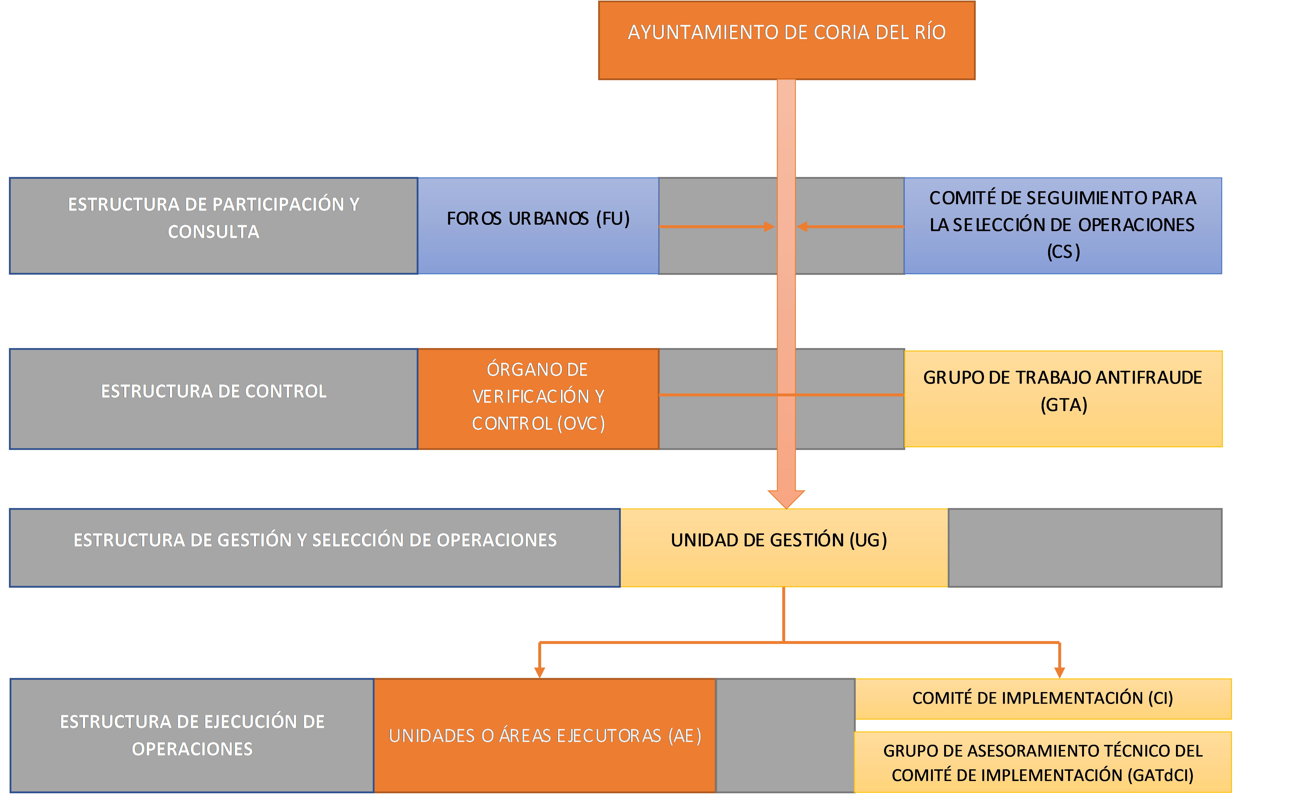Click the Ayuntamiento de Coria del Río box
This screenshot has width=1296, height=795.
[786, 41]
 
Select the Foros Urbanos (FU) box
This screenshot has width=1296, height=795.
[538, 226]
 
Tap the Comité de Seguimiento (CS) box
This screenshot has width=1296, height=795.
[1062, 226]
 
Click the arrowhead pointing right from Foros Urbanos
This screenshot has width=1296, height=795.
[769, 227]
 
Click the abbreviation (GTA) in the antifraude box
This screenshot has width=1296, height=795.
[1064, 405]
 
